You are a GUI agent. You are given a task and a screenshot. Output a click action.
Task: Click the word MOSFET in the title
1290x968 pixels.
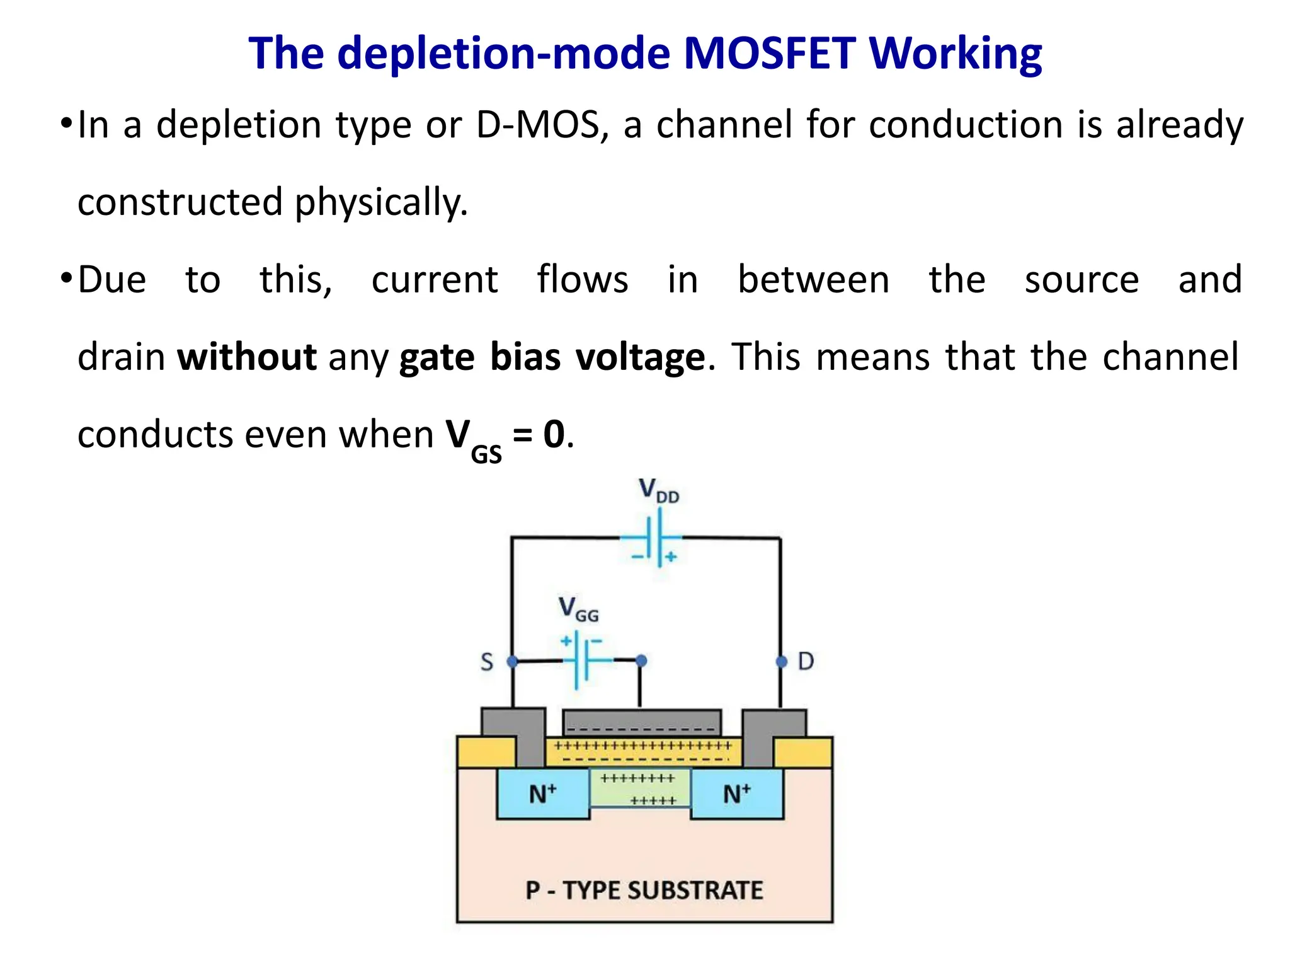pos(770,54)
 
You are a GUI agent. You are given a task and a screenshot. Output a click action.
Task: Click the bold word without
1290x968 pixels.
pos(246,357)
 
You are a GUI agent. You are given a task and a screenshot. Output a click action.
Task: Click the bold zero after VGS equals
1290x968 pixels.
pos(554,434)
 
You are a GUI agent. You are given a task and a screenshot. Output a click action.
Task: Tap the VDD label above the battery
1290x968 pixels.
pos(658,490)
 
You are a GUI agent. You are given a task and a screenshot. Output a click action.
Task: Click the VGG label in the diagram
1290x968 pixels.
pos(578,609)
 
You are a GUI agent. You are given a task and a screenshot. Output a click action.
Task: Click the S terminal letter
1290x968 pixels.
pos(487,662)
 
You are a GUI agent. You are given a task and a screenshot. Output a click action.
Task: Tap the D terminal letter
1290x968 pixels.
pos(806,661)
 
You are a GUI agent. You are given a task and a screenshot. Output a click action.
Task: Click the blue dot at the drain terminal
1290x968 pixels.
pos(781,662)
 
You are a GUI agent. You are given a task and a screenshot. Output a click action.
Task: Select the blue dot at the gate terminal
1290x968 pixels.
pos(641,660)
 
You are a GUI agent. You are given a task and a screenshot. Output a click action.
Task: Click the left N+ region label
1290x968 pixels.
pos(542,793)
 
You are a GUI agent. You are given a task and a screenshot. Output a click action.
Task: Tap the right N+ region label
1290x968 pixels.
pos(736,793)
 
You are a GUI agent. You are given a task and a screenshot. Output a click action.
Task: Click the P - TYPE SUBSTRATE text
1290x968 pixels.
pos(644,890)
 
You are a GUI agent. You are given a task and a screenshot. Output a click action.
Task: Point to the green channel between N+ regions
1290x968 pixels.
pos(640,789)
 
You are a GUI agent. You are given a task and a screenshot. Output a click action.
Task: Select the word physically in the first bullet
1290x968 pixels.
pos(380,203)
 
